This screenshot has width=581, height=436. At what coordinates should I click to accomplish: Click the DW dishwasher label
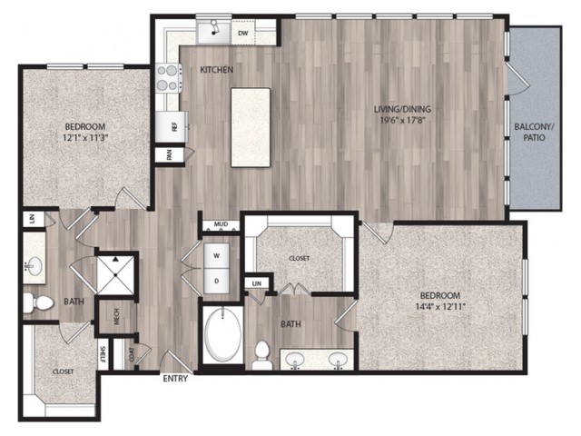click(242, 34)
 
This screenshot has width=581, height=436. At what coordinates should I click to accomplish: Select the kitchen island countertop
click(251, 127)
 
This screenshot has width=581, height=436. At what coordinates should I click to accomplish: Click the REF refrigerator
click(172, 127)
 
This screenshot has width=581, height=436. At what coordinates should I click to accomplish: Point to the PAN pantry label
click(170, 155)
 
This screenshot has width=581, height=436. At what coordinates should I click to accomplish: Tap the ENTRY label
click(175, 379)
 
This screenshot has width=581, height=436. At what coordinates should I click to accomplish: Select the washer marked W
click(217, 256)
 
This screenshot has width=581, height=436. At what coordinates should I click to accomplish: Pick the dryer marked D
click(217, 281)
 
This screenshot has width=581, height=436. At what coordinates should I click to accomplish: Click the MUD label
click(221, 224)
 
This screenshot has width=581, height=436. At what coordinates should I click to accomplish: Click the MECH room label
click(117, 316)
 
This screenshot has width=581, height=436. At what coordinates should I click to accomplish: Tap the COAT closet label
click(132, 354)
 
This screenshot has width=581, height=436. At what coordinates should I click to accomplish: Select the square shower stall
click(115, 274)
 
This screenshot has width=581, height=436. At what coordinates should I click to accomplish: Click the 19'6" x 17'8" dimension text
click(402, 120)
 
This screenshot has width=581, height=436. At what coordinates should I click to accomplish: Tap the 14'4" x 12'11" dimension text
click(440, 307)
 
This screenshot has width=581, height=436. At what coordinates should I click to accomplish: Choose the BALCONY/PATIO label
click(534, 132)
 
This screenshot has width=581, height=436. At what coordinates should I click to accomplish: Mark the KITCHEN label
click(217, 70)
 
